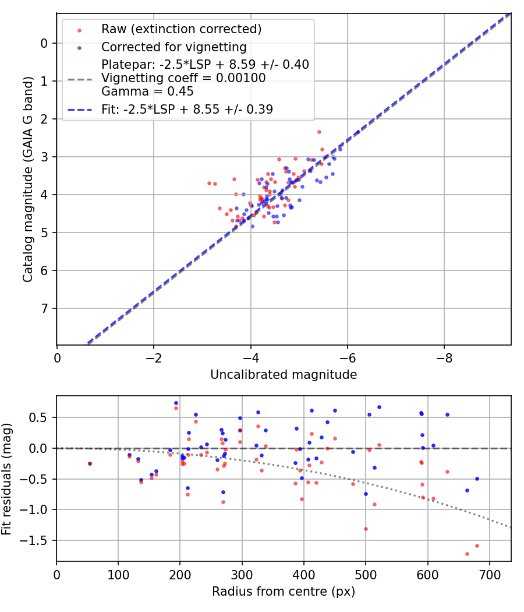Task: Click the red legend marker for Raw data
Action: pyautogui.click(x=79, y=30)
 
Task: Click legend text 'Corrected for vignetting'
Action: pyautogui.click(x=174, y=47)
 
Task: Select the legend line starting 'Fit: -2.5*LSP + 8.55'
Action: pyautogui.click(x=187, y=109)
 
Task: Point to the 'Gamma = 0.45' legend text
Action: pyautogui.click(x=147, y=92)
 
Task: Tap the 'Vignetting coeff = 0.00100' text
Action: pyautogui.click(x=183, y=78)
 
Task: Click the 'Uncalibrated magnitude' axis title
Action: pyautogui.click(x=284, y=375)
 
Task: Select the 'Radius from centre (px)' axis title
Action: pyautogui.click(x=284, y=592)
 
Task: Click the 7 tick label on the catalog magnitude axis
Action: pyautogui.click(x=44, y=308)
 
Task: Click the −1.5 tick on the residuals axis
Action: pyautogui.click(x=38, y=540)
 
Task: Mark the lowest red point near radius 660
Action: pyautogui.click(x=467, y=554)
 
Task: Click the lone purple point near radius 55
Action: pyautogui.click(x=90, y=463)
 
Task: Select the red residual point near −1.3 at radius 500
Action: pyautogui.click(x=366, y=529)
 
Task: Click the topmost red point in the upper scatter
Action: pyautogui.click(x=319, y=132)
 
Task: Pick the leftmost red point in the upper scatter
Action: pyautogui.click(x=209, y=183)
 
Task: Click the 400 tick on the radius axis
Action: pyautogui.click(x=304, y=574)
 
